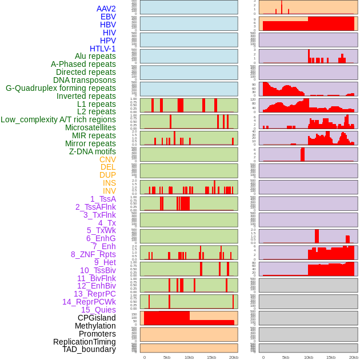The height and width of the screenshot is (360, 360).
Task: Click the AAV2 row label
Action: pos(106,9)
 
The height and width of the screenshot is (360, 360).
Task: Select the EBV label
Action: pos(108,17)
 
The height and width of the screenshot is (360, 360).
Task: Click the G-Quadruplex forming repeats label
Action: pos(61,88)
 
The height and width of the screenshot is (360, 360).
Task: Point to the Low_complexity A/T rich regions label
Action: pos(58,119)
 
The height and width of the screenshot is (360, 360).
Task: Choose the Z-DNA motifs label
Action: pos(93,151)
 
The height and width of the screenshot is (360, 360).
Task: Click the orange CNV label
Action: pos(107,159)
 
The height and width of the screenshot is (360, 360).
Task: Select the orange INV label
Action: pos(109,191)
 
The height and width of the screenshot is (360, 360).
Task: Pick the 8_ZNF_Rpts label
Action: pos(93,254)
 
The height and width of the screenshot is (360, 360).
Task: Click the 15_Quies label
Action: pos(98,310)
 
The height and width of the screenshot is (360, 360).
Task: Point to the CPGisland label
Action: pos(97,318)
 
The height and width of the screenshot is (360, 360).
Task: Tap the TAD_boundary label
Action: pos(89,349)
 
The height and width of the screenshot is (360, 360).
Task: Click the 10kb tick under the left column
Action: pos(189,357)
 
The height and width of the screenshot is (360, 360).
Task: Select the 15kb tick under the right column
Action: pos(331,357)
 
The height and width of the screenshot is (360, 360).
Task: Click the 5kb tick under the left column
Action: pos(167,357)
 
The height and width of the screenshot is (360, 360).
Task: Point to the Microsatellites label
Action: pos(90,127)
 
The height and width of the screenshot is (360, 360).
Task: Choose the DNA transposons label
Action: pos(85,80)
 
